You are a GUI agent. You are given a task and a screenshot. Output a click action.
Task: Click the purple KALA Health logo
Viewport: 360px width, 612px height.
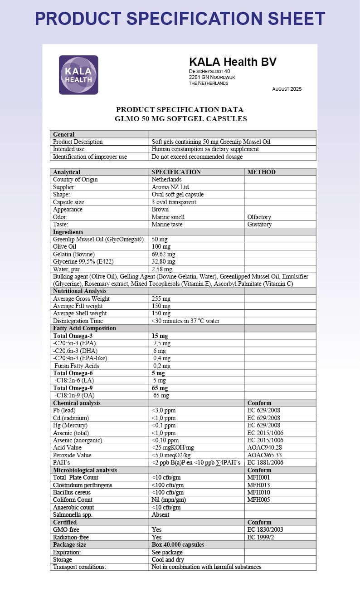pos(78,75)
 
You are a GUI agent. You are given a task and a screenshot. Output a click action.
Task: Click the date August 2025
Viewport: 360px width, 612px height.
pos(287,89)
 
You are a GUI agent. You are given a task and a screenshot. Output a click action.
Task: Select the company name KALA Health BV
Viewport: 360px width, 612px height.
pos(233,62)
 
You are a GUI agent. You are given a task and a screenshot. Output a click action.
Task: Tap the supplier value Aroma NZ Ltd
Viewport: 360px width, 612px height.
pos(170,187)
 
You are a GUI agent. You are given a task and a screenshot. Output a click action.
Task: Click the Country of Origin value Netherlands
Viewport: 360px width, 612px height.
pos(166,179)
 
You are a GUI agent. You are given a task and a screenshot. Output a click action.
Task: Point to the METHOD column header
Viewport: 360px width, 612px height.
pos(261,172)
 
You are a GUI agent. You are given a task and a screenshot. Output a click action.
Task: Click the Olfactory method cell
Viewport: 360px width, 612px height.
pos(260,217)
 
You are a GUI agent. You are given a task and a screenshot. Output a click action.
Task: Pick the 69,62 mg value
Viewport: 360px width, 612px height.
pos(163,254)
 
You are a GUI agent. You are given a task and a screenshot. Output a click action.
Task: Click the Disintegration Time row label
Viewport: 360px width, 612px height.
pos(78,321)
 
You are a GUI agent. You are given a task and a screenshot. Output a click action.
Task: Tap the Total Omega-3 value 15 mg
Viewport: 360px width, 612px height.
pos(160,336)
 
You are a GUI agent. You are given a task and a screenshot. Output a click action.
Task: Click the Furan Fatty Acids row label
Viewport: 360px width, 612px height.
pos(77,366)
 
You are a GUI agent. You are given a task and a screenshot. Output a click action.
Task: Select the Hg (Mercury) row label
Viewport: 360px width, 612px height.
pos(70,425)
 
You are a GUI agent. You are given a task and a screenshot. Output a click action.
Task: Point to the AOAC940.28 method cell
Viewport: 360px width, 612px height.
pos(264,447)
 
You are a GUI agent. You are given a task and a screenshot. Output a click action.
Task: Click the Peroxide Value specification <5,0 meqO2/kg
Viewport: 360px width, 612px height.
pos(174,455)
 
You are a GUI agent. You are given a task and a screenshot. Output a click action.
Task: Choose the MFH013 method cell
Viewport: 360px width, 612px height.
pos(258,485)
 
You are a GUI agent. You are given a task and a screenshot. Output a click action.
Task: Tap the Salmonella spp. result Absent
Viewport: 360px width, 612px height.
pos(161,514)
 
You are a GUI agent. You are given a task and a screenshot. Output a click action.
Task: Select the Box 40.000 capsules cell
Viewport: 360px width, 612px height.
pos(178,544)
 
